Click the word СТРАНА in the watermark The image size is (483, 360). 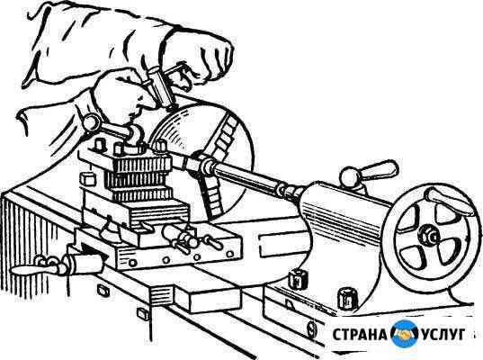coord(359,335)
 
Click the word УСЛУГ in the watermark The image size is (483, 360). coord(443,335)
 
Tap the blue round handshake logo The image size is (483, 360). coord(404,334)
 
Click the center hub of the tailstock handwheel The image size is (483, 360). coord(428,236)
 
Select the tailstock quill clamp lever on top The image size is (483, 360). coord(370,175)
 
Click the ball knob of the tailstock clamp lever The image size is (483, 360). coord(350,177)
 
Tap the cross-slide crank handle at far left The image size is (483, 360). coord(38,267)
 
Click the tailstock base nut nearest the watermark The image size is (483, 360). coord(348,298)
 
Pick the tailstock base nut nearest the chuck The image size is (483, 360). coord(297,278)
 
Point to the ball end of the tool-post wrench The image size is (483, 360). coord(91,122)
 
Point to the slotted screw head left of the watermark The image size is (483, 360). coord(312,328)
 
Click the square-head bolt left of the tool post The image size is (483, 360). coord(87,178)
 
